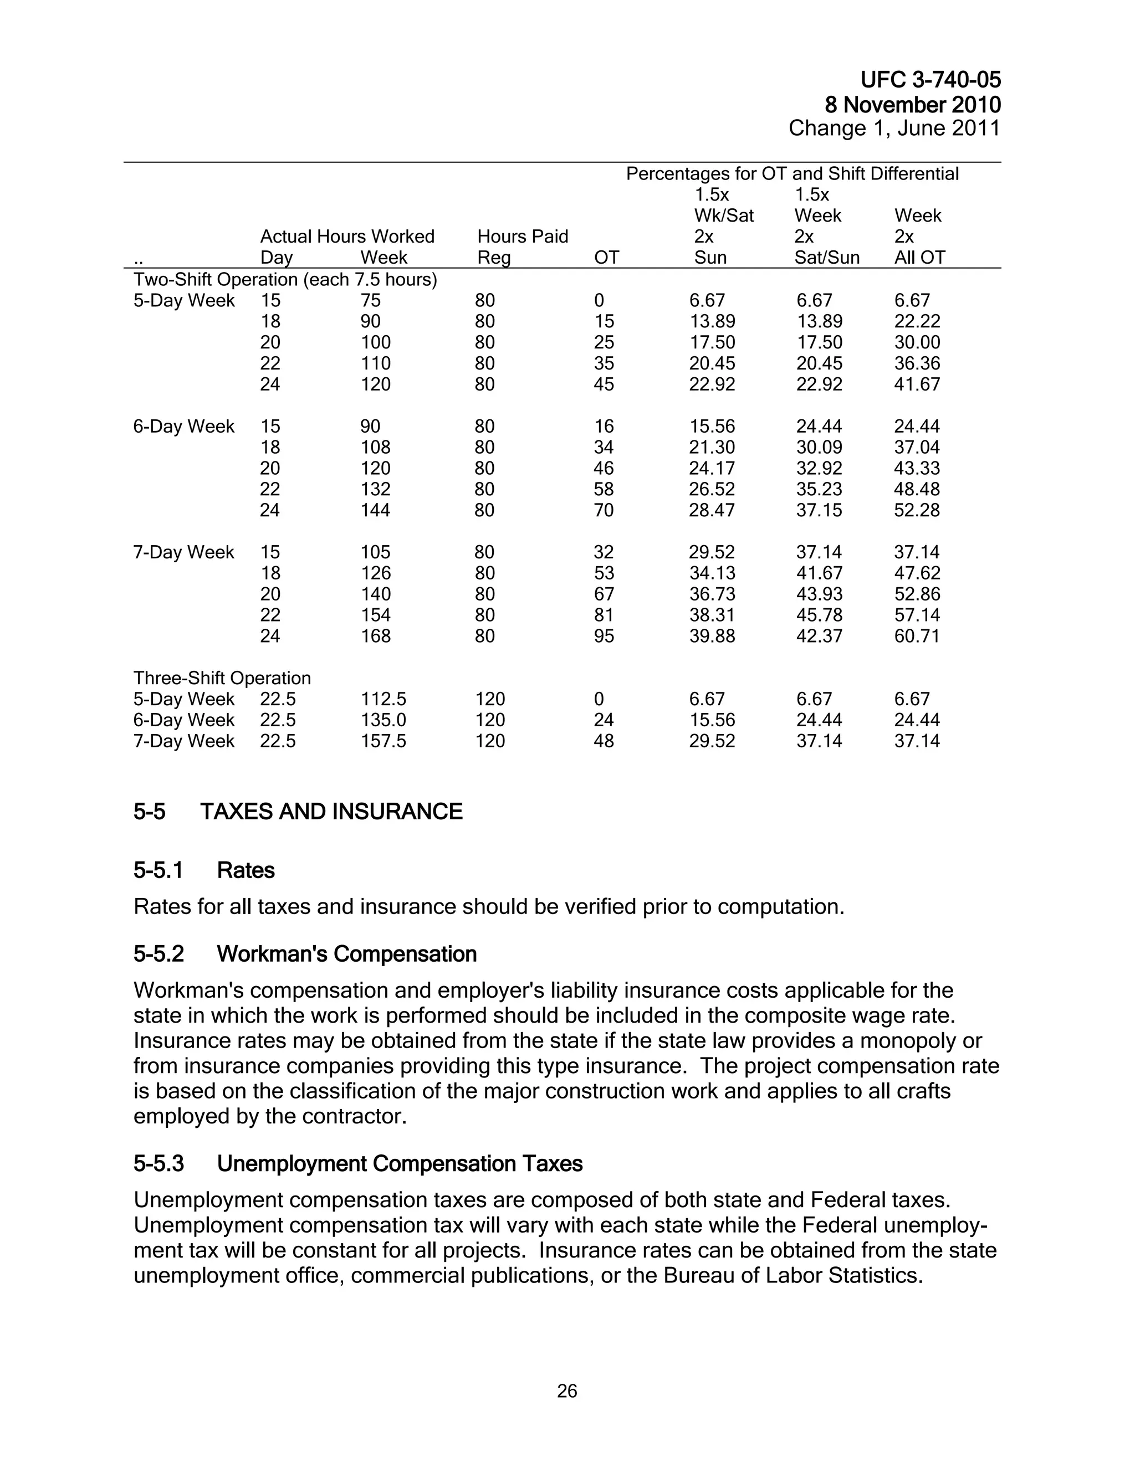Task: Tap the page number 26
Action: (567, 1390)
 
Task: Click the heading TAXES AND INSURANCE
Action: (331, 812)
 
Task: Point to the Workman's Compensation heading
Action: (346, 954)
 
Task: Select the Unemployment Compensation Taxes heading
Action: (400, 1163)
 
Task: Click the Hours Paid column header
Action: (523, 237)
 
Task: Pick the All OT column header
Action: (919, 258)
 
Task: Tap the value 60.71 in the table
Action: (917, 636)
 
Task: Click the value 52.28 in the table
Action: (917, 510)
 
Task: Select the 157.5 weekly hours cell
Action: (384, 741)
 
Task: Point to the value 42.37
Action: (819, 636)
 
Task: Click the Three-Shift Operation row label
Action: (222, 677)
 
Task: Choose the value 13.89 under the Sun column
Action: (712, 321)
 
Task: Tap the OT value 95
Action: (604, 636)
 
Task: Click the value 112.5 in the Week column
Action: (384, 699)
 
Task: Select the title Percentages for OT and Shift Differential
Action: (792, 174)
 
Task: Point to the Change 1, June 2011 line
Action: (894, 129)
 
